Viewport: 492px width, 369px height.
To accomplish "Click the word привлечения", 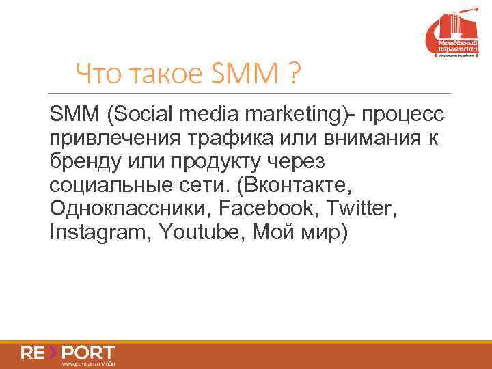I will point(112,139).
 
